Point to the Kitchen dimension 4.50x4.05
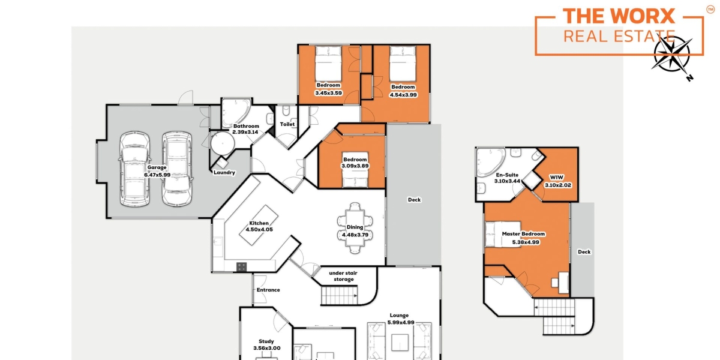point(259,229)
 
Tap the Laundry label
point(224,173)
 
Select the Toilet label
point(287,125)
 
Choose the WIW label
point(557,178)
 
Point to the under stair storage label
point(344,276)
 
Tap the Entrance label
point(268,290)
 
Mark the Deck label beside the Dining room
point(414,200)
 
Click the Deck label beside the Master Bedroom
point(584,252)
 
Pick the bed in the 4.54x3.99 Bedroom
point(403,64)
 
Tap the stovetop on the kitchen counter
point(242,266)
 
